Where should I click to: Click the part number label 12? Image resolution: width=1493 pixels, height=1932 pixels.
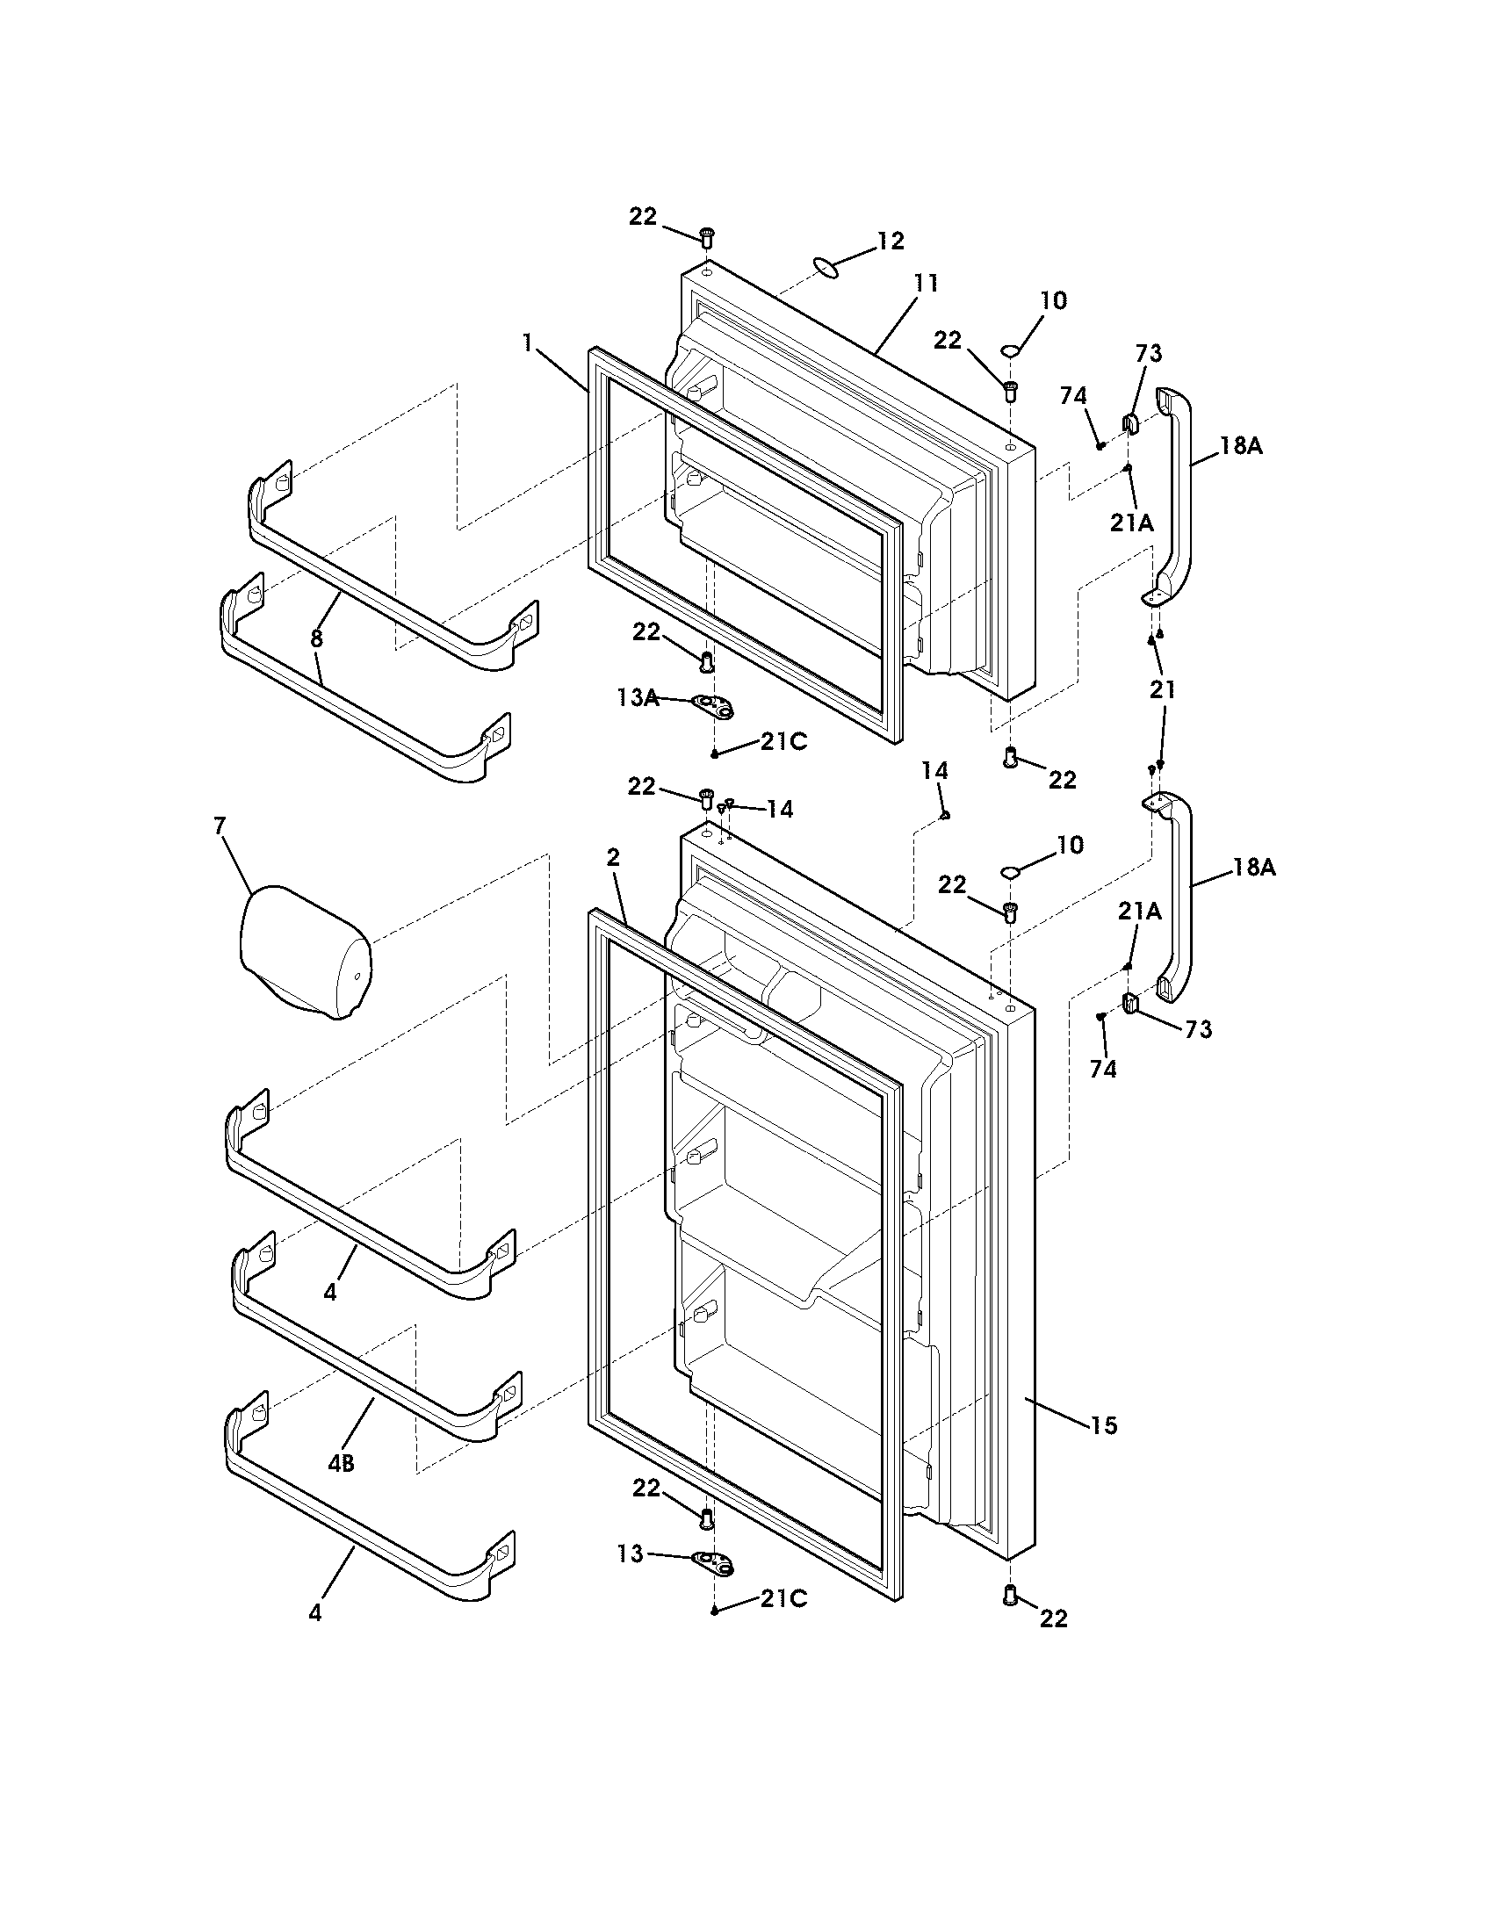pos(891,241)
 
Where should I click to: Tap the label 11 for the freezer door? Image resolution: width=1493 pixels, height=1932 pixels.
pos(926,284)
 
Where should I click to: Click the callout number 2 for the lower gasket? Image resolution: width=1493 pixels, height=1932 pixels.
pos(613,856)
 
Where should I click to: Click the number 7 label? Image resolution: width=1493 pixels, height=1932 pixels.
pos(220,825)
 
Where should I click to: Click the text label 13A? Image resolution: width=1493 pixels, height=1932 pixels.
pos(638,698)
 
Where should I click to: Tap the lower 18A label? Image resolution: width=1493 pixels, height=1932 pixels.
pos(1255,867)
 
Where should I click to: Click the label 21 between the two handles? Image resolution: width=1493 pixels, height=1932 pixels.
pos(1162,690)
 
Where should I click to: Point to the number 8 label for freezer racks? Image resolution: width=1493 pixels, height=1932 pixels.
pos(316,637)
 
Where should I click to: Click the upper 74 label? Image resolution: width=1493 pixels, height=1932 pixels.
pos(1073,396)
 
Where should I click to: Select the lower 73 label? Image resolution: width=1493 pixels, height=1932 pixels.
pos(1198,1029)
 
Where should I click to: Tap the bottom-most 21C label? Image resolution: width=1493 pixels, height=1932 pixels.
pos(783,1599)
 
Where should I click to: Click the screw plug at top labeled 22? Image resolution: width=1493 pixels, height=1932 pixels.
pos(707,236)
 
